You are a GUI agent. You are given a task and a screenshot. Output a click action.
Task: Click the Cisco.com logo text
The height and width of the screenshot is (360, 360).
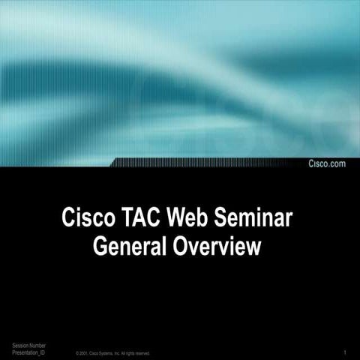pyautogui.click(x=328, y=163)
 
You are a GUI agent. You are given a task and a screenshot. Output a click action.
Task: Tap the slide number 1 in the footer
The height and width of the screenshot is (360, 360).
pyautogui.click(x=343, y=352)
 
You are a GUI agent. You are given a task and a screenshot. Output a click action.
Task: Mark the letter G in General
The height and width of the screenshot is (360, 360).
pyautogui.click(x=99, y=247)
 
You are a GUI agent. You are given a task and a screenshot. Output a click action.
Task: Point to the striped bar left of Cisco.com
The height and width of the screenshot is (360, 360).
pyautogui.click(x=210, y=163)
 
